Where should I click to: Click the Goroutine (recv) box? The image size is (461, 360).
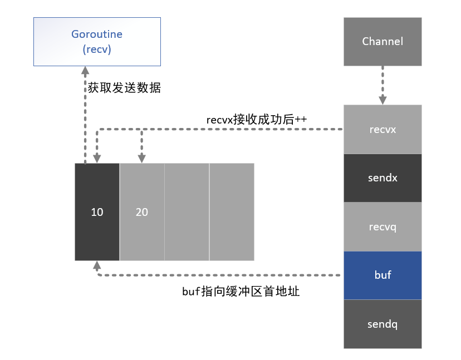tap(97, 41)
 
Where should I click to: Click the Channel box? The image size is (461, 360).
tap(382, 41)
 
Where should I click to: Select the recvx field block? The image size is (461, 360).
tap(382, 129)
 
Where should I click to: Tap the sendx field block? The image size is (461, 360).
tap(382, 178)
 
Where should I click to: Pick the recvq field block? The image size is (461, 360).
tap(382, 226)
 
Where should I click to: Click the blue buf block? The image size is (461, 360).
tap(382, 275)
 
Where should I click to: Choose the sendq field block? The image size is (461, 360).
tap(382, 324)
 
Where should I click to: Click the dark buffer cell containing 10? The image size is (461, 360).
tap(97, 212)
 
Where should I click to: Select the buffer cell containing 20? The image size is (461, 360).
tap(142, 212)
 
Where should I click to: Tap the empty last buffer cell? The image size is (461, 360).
tap(232, 212)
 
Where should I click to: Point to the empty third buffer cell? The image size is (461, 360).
tap(187, 212)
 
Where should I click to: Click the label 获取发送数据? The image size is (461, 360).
tap(124, 87)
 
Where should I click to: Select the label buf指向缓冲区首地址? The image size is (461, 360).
tap(241, 291)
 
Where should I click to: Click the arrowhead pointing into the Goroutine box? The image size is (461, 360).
tap(85, 71)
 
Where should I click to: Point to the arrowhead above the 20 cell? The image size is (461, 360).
tap(141, 159)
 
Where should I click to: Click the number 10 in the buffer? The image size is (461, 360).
tap(97, 212)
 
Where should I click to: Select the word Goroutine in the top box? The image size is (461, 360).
tap(97, 34)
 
